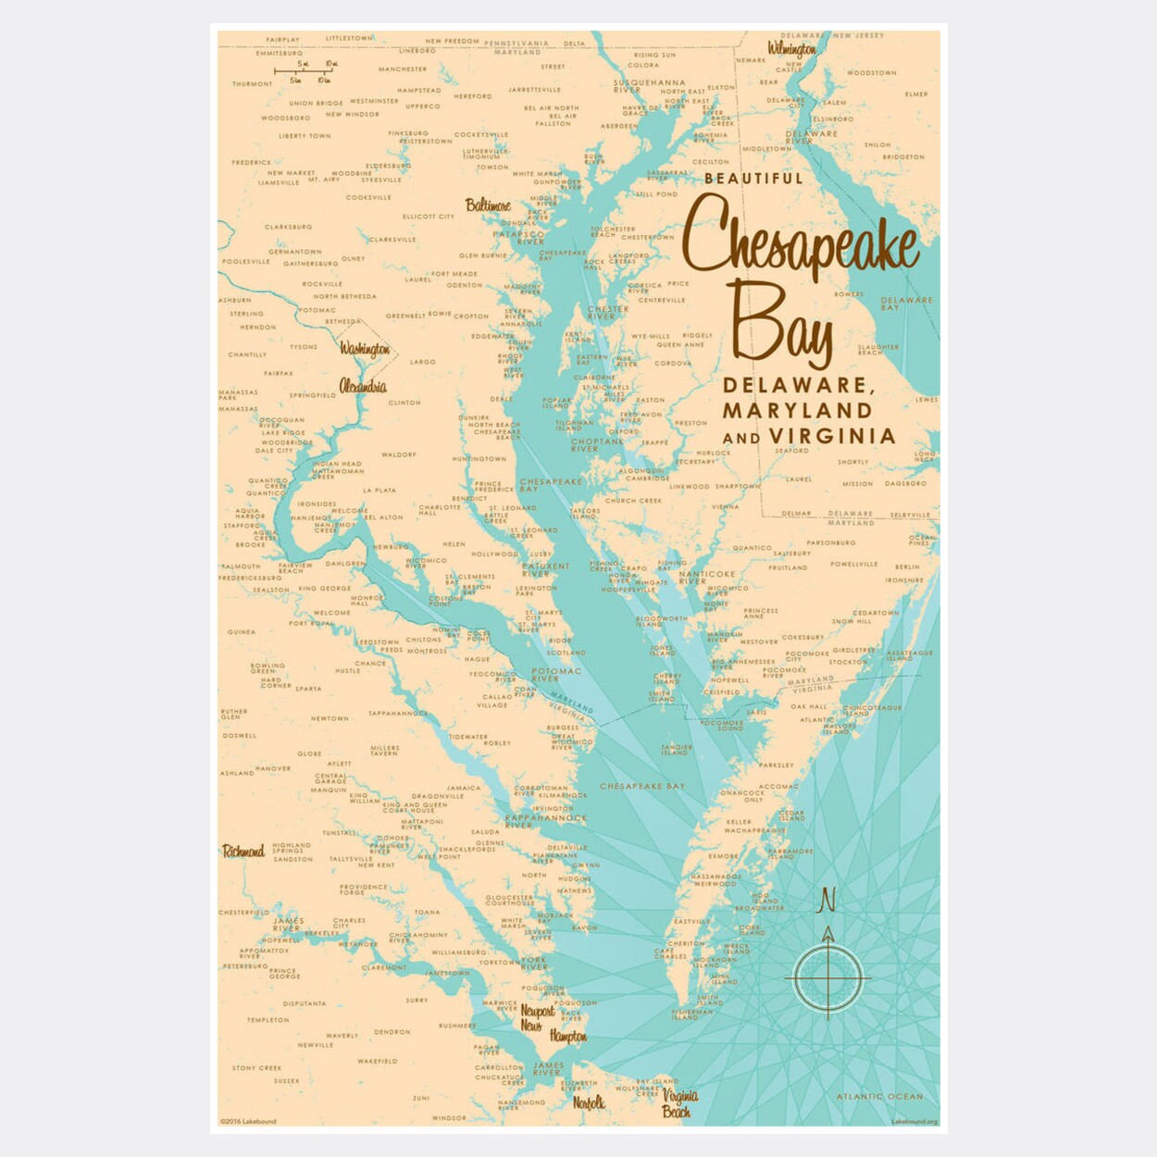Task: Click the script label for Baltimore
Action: [487, 205]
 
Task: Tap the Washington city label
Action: [365, 349]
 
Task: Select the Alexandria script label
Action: [363, 386]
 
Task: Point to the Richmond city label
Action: [243, 852]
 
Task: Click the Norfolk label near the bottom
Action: [589, 1102]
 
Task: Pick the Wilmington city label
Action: [791, 48]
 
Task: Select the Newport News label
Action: [536, 1018]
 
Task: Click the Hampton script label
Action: [567, 1037]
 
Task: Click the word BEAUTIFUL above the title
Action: [753, 179]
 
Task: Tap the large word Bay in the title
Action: [782, 324]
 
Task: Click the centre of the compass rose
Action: [827, 977]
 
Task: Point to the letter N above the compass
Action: [827, 900]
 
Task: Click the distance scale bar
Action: [304, 71]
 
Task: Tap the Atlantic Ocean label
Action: [879, 1097]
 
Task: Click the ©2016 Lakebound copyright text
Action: [248, 1122]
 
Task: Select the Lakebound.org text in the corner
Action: [914, 1122]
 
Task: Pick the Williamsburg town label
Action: [458, 952]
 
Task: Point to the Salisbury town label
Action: [791, 554]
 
